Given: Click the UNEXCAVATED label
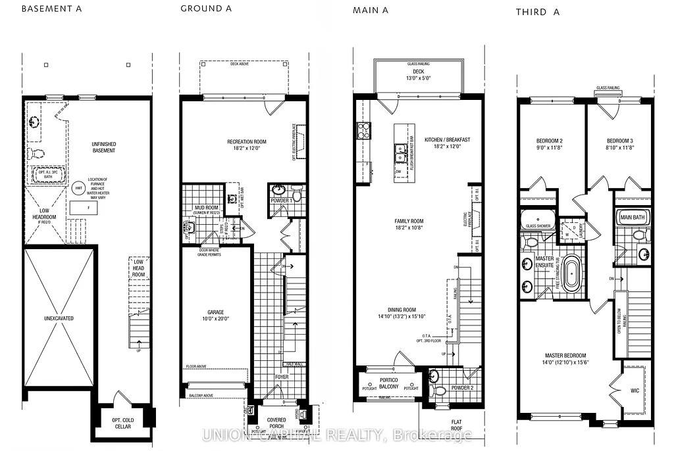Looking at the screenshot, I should pos(58,318).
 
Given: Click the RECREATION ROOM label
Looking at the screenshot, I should pos(246,141).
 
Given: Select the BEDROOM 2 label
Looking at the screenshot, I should pos(548,141).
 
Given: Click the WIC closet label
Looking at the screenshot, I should pos(635,390).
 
